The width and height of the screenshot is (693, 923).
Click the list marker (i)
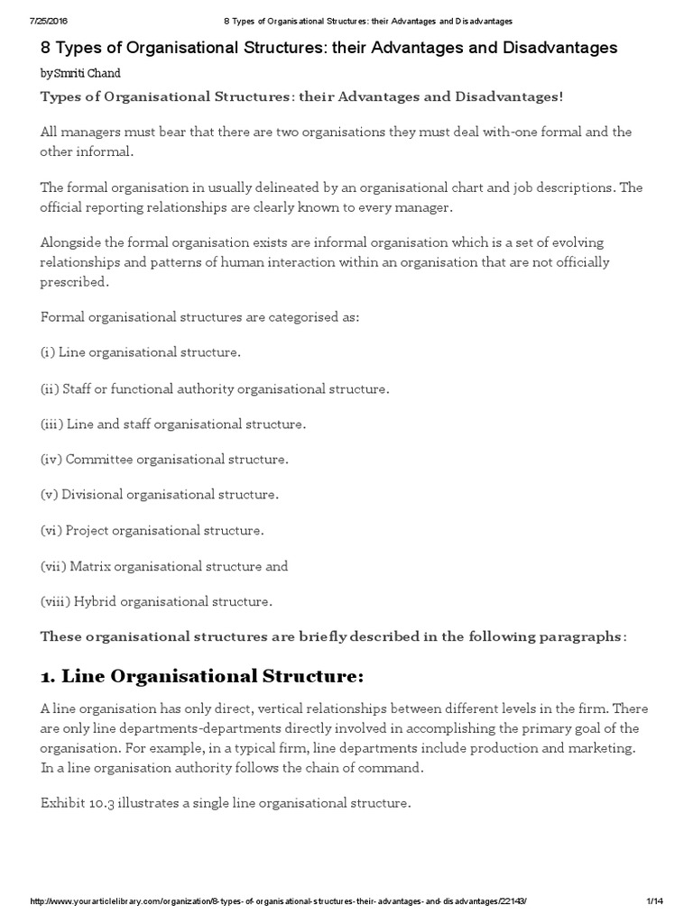48,352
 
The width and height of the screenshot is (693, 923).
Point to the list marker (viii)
56,600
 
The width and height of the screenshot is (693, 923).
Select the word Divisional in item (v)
92,495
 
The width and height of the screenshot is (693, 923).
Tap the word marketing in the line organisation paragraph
601,748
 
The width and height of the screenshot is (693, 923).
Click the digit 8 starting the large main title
45,48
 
